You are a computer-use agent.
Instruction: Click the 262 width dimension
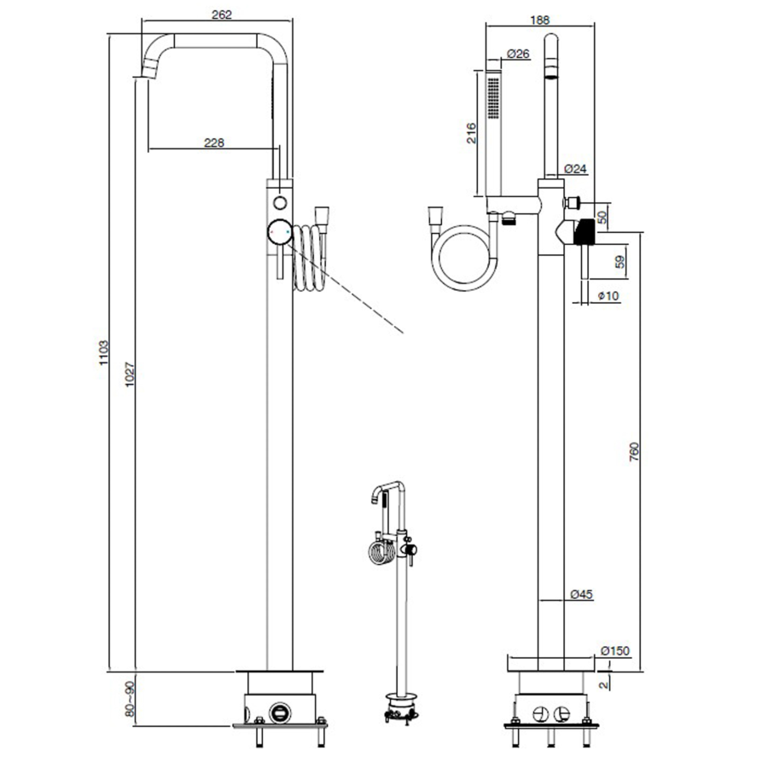(221, 15)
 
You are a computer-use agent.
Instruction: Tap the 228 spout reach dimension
(214, 143)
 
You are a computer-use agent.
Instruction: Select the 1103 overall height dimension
(103, 352)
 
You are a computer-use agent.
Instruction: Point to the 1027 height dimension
(130, 375)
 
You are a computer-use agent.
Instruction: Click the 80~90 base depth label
(130, 698)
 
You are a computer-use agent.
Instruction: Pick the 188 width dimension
(540, 20)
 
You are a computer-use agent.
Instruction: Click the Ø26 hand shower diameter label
(518, 54)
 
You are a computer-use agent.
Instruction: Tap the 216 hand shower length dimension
(471, 133)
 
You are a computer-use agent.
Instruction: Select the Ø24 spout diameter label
(575, 169)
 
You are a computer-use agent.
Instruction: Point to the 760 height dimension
(634, 451)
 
